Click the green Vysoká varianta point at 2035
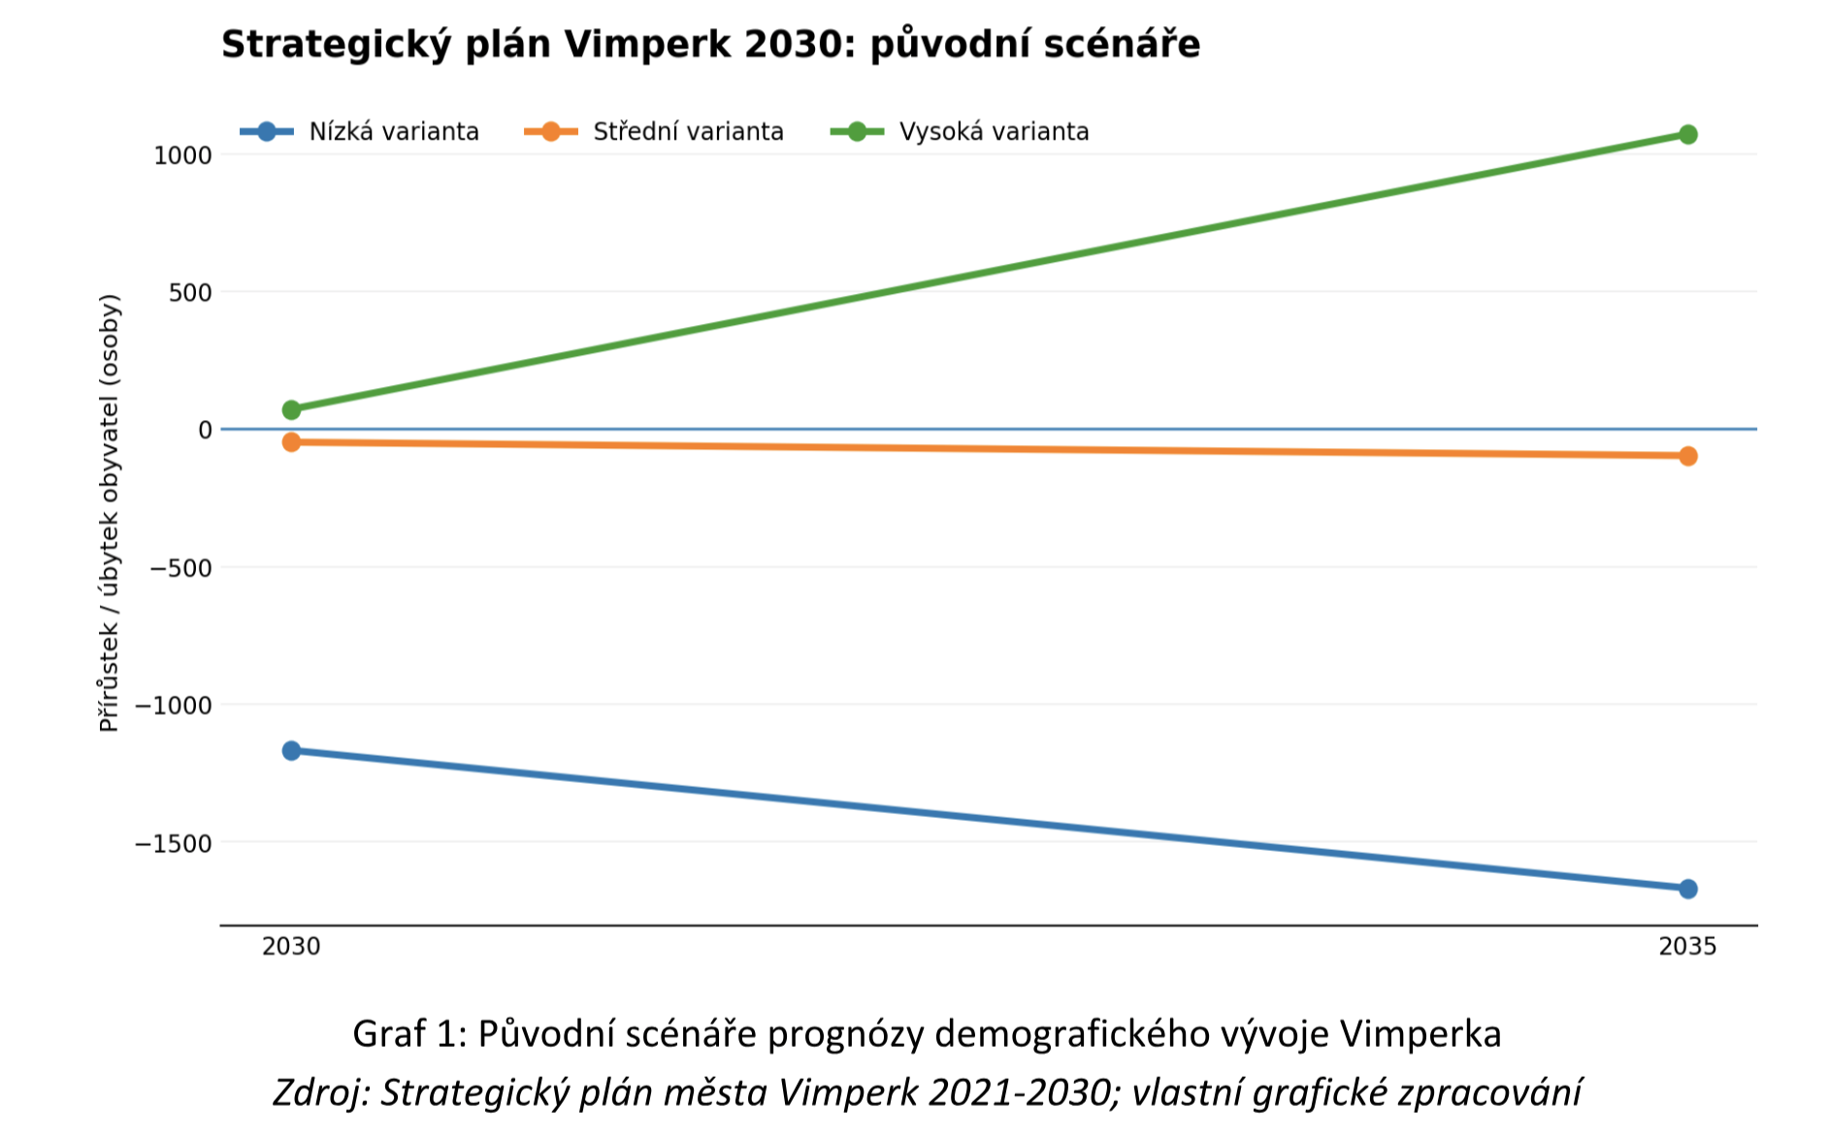1687,134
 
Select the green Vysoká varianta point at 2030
291,409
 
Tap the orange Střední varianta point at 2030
291,442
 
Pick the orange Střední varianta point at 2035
1687,456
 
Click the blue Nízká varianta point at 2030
291,750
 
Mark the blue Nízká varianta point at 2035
1687,889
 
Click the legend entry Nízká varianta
360,131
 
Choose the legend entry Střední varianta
654,131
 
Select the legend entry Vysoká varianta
961,131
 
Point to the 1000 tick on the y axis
182,155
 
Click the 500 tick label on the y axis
190,293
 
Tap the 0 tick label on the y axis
205,430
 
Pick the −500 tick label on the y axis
180,569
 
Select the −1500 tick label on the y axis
174,844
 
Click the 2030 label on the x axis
291,946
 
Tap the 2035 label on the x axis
1687,946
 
